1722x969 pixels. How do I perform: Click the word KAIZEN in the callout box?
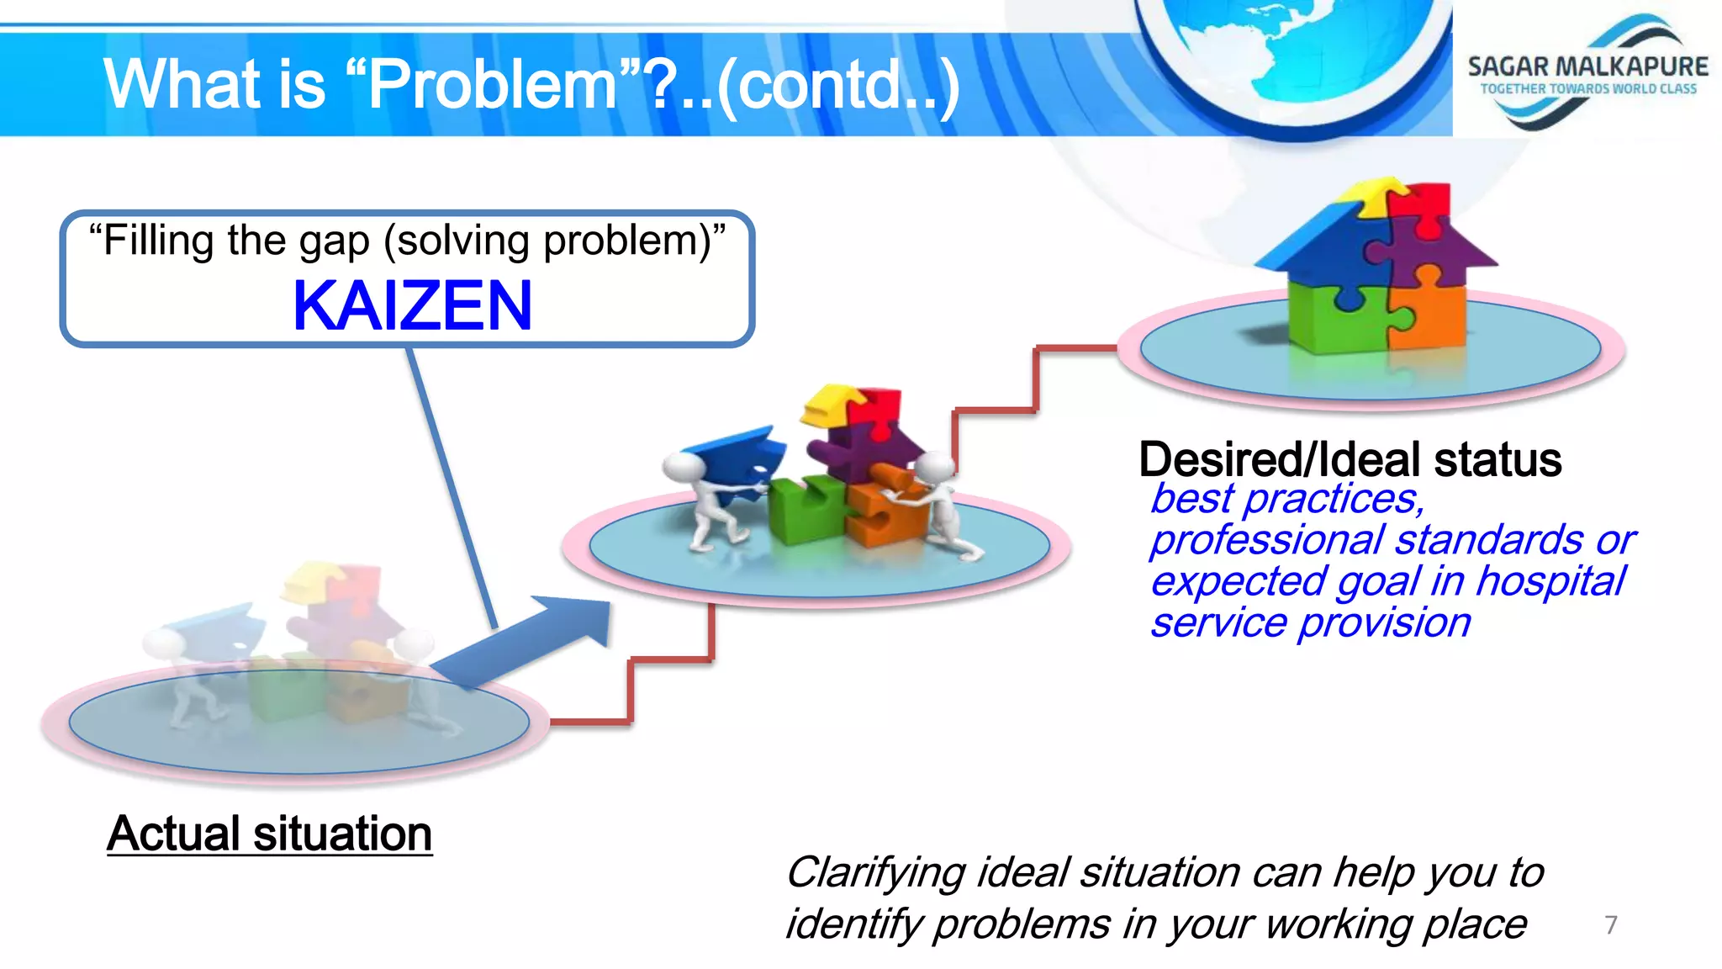[x=412, y=306]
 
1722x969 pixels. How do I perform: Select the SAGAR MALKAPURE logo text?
[x=1587, y=66]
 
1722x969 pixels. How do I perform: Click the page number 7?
[x=1610, y=924]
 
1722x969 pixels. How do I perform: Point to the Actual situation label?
[x=269, y=834]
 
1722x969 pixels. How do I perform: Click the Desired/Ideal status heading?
[x=1350, y=459]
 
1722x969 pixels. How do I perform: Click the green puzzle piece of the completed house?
[x=1337, y=315]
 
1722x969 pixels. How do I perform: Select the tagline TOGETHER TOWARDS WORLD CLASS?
[x=1587, y=89]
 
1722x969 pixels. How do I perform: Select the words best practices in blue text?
[x=1286, y=499]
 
